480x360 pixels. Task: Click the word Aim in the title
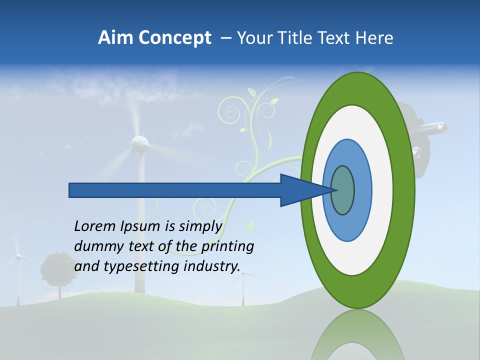click(115, 38)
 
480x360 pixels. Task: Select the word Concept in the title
click(174, 38)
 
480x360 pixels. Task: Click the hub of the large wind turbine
click(140, 144)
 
